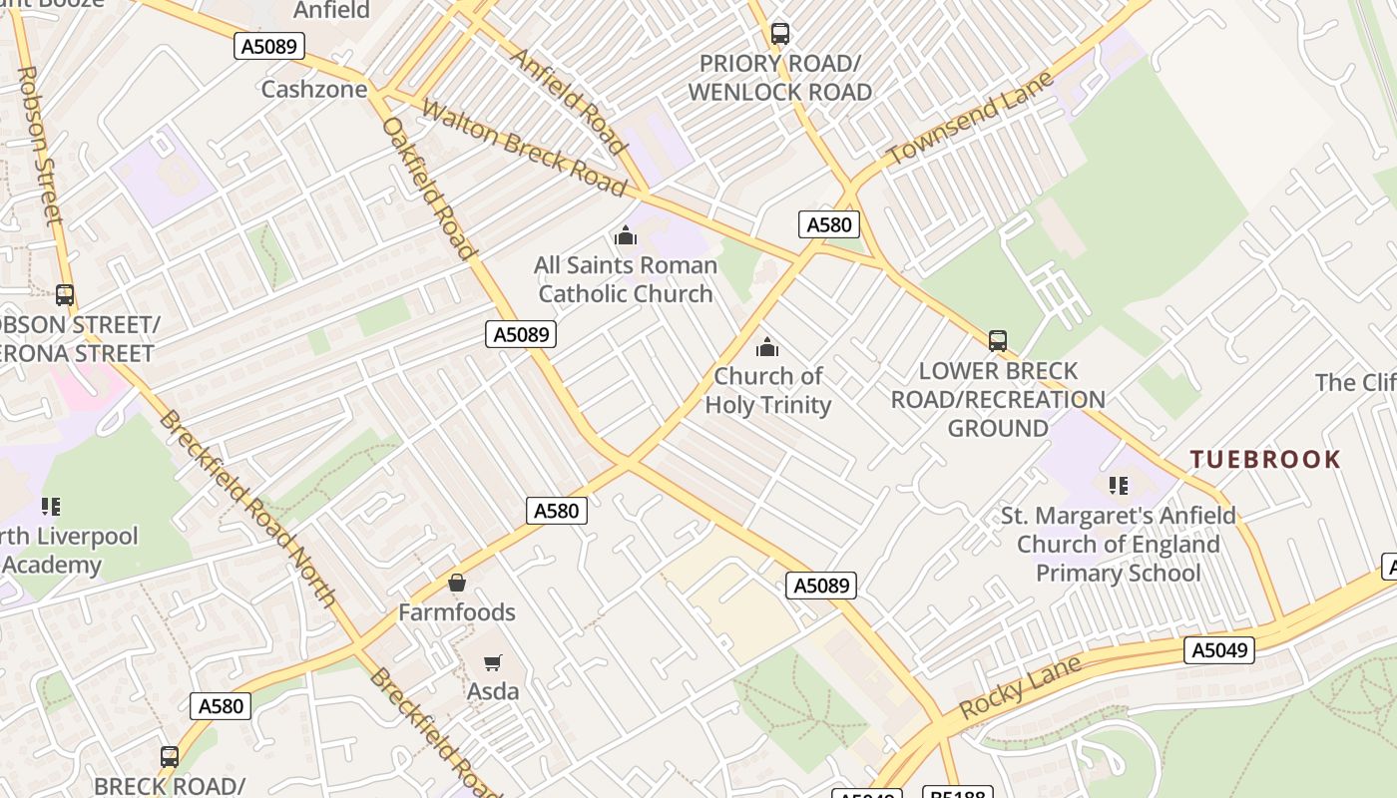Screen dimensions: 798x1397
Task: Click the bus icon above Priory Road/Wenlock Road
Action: (780, 34)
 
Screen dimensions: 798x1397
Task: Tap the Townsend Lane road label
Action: (970, 119)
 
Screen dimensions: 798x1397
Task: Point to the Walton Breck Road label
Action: (524, 147)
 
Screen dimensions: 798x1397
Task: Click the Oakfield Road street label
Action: (428, 188)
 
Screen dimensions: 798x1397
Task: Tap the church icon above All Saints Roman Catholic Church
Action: (626, 236)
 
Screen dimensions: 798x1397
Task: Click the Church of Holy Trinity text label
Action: (767, 390)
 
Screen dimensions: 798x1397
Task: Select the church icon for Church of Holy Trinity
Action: (766, 347)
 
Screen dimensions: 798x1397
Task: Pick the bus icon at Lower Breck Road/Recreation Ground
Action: (998, 341)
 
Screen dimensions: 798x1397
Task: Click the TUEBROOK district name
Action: (1265, 460)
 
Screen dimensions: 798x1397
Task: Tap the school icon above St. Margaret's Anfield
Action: (1118, 486)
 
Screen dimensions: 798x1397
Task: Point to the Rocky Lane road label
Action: (1021, 687)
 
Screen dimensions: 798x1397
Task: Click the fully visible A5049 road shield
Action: (1218, 651)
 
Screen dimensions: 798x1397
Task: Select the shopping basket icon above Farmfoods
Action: (457, 583)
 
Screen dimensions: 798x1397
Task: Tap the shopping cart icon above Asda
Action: (492, 662)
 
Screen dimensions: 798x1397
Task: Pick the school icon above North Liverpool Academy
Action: (50, 507)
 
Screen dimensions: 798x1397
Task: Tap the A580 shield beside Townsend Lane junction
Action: (828, 224)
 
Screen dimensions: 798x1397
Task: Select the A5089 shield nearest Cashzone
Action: (269, 46)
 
